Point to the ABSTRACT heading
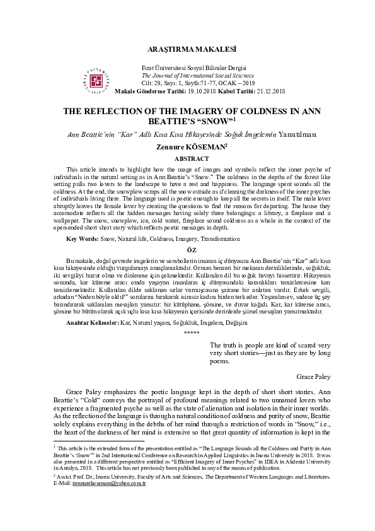coord(187,160)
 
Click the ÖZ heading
coord(187,268)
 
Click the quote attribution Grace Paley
coord(313,376)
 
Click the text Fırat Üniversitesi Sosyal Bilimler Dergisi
coord(193,68)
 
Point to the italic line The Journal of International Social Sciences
coord(193,75)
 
